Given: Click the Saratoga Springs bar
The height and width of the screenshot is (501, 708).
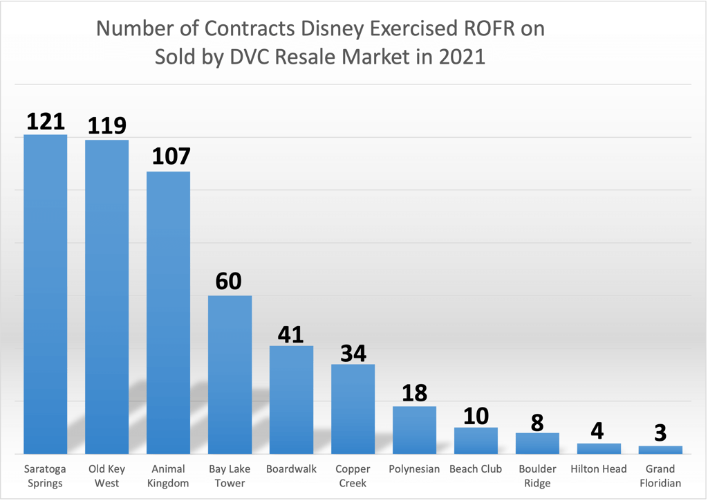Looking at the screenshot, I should pyautogui.click(x=46, y=294).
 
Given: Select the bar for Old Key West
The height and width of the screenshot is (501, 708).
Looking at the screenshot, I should pyautogui.click(x=107, y=297).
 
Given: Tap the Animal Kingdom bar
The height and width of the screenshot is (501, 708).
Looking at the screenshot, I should pyautogui.click(x=169, y=312).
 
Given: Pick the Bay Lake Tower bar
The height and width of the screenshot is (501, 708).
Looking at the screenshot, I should pyautogui.click(x=230, y=374).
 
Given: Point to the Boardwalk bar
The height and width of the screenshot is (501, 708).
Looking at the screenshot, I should pyautogui.click(x=291, y=399).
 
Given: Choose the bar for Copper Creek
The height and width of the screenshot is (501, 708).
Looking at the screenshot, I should pyautogui.click(x=353, y=408).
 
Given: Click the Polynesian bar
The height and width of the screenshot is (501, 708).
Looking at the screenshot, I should pyautogui.click(x=414, y=430).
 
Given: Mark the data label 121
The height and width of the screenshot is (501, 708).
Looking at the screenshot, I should pyautogui.click(x=46, y=121).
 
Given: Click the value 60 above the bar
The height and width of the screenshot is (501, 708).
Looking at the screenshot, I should pyautogui.click(x=230, y=282).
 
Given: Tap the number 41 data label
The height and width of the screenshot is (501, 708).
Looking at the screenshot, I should pyautogui.click(x=291, y=334).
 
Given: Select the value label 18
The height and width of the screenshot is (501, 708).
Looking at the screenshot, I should pyautogui.click(x=414, y=393).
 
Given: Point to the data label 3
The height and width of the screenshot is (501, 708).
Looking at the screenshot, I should pyautogui.click(x=660, y=433).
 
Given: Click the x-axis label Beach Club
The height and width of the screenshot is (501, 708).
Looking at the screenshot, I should pyautogui.click(x=476, y=469).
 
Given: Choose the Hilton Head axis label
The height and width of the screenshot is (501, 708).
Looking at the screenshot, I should pyautogui.click(x=599, y=469).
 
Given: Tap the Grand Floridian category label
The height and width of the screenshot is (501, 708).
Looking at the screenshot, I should pyautogui.click(x=660, y=476).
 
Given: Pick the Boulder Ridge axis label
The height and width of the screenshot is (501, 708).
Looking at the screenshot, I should pyautogui.click(x=537, y=476).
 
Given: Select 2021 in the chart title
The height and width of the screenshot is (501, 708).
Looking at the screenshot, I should pyautogui.click(x=462, y=57).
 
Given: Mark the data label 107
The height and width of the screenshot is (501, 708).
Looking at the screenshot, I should pyautogui.click(x=169, y=156).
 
